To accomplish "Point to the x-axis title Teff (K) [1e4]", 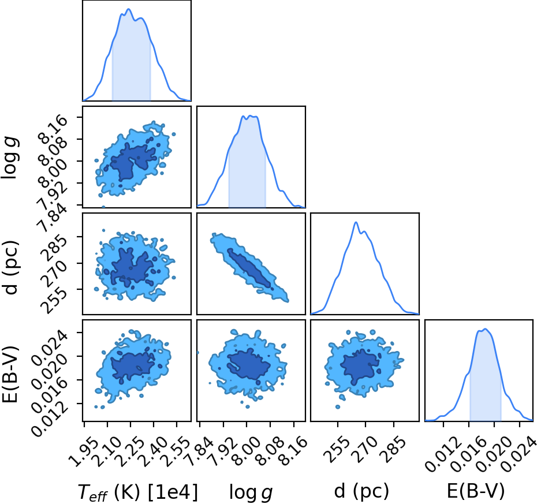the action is (x=137, y=492).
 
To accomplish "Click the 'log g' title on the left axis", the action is (x=10, y=158).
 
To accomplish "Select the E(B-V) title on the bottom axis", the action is (x=476, y=491).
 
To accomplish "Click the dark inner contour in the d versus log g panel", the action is (x=249, y=268).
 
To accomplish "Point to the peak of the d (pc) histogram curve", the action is (x=356, y=222).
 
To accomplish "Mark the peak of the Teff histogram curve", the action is (x=129, y=9).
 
